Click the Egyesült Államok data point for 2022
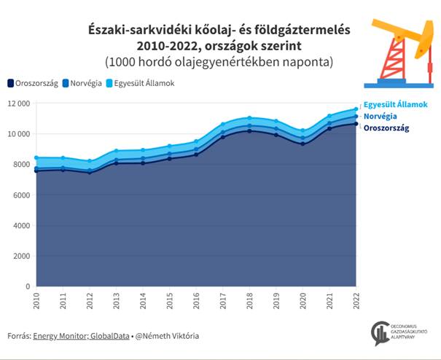356,109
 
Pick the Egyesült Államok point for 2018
250,118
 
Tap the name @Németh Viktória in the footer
168,336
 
